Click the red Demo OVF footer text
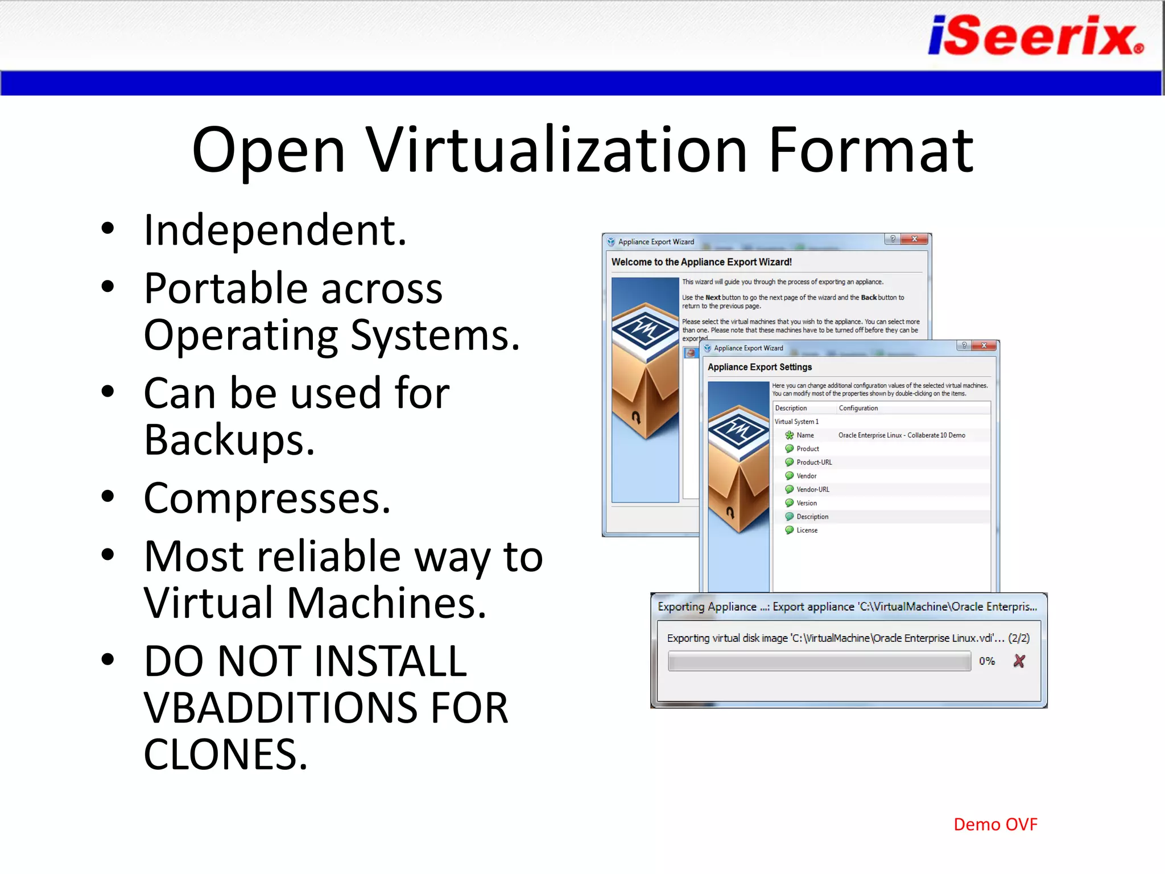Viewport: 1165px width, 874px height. (x=995, y=824)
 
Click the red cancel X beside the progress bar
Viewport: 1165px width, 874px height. (x=1019, y=661)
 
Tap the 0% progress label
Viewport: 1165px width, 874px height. (x=986, y=661)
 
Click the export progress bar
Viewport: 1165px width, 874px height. (x=819, y=661)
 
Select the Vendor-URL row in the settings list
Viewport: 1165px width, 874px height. (x=812, y=489)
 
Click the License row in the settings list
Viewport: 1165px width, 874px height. (x=807, y=530)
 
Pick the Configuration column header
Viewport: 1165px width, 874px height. (x=858, y=408)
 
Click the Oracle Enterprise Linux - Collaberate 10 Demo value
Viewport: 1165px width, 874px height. (x=901, y=435)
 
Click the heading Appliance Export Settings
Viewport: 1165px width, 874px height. (x=759, y=367)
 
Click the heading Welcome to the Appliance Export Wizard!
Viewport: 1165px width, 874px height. (x=701, y=262)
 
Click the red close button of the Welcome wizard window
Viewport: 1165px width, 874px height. (x=915, y=239)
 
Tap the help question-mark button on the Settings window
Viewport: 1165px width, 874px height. (x=964, y=345)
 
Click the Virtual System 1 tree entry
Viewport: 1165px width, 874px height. (x=796, y=422)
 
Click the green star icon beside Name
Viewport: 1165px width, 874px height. (x=789, y=435)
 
